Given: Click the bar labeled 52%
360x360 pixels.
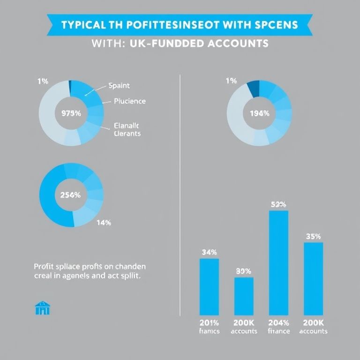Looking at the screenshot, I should (x=278, y=262).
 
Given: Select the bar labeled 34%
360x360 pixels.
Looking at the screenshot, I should (x=209, y=286).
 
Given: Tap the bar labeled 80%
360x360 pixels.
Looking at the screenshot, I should (x=244, y=296).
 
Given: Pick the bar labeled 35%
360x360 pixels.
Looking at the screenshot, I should (x=313, y=278).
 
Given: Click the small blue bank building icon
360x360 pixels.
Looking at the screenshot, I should (x=43, y=308).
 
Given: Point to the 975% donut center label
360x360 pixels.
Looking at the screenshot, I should (x=71, y=113).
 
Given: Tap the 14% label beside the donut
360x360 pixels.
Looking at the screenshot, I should (x=103, y=223).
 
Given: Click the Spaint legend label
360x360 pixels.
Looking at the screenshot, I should (x=119, y=86).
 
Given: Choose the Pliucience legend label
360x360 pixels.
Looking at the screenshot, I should (x=130, y=101).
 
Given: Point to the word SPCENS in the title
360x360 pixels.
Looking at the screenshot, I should (x=276, y=25).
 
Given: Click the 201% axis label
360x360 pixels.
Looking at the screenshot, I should (x=209, y=323).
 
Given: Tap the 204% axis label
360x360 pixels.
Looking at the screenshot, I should (x=278, y=323).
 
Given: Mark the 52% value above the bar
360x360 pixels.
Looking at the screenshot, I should (x=278, y=204).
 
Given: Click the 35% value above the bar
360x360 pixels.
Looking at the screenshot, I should (x=313, y=236).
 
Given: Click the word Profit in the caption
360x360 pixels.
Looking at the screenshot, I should (x=44, y=266).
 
